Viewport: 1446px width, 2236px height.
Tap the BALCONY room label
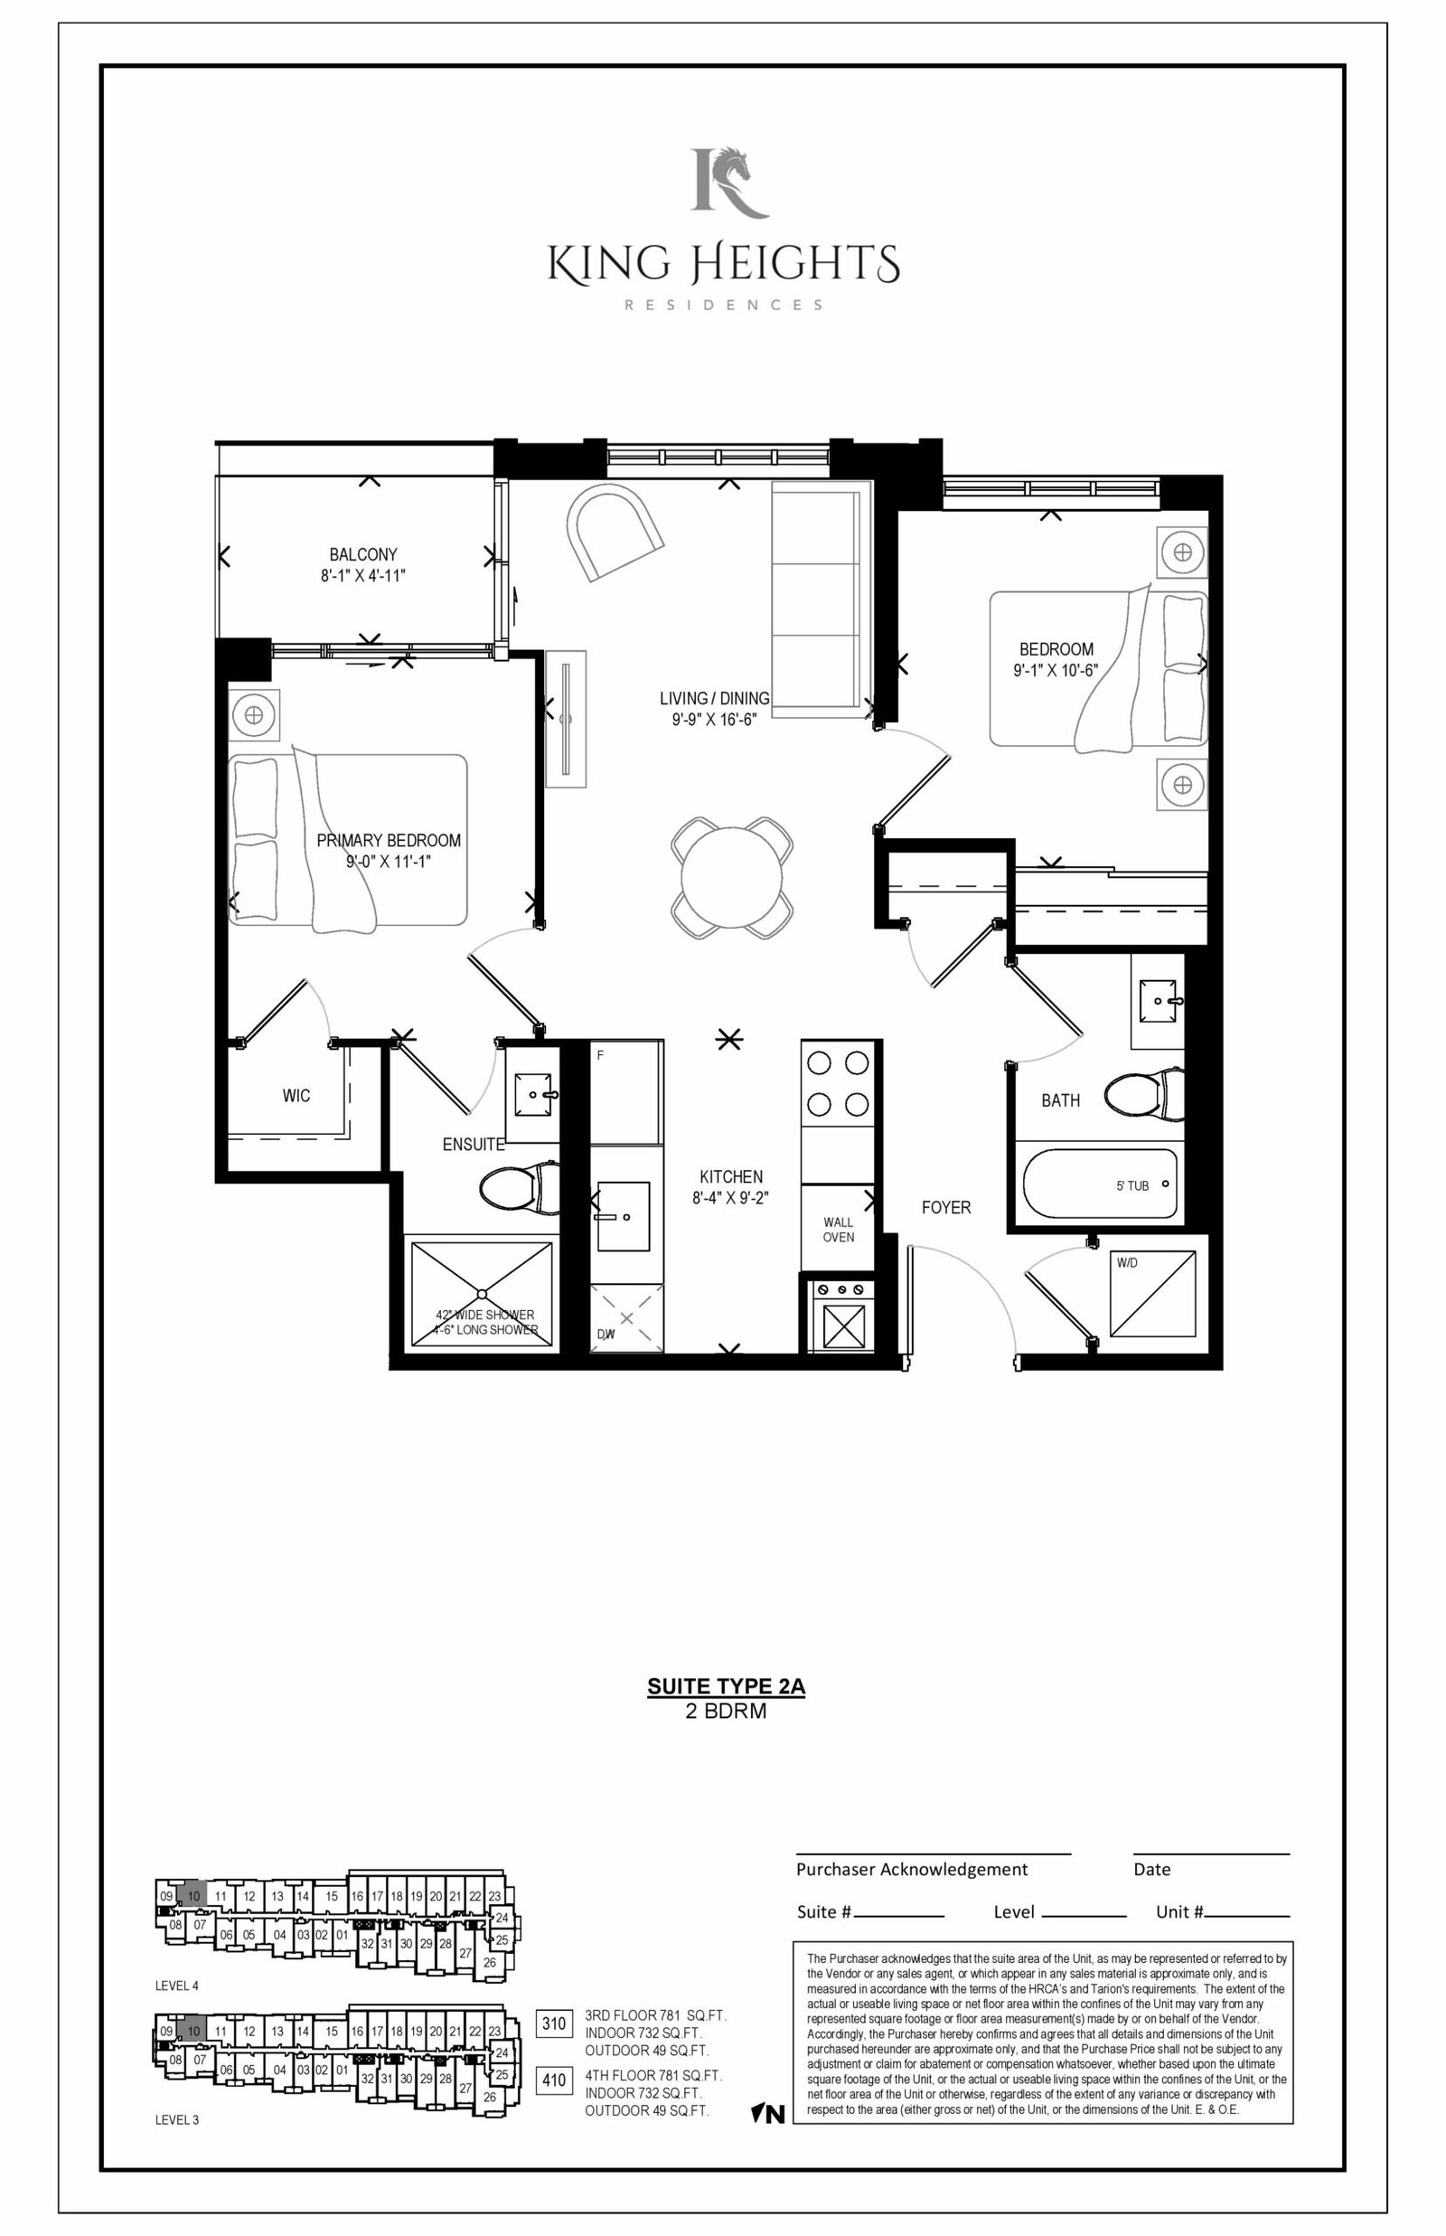point(362,554)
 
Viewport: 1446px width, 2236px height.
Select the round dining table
point(731,878)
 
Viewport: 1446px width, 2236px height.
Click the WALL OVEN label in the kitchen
point(839,1230)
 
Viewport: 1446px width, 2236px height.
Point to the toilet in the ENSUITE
point(519,1188)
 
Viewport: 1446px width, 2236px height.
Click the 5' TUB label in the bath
point(1132,1185)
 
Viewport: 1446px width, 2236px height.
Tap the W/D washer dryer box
point(1153,1293)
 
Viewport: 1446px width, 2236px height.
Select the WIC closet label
point(296,1095)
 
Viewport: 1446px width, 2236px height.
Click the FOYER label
point(945,1207)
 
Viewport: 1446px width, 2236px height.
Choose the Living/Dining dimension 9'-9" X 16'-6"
point(714,720)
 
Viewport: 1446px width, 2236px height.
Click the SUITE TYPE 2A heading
point(726,1685)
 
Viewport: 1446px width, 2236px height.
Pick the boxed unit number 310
point(554,2023)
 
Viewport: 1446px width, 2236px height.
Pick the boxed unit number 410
point(554,2080)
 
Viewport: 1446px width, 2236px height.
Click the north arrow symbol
point(767,2114)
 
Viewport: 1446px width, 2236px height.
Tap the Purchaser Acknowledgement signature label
point(912,1869)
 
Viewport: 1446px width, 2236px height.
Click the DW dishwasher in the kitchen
point(626,1318)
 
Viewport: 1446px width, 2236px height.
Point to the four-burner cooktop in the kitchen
point(838,1083)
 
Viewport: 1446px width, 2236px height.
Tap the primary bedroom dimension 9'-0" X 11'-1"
point(388,861)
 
